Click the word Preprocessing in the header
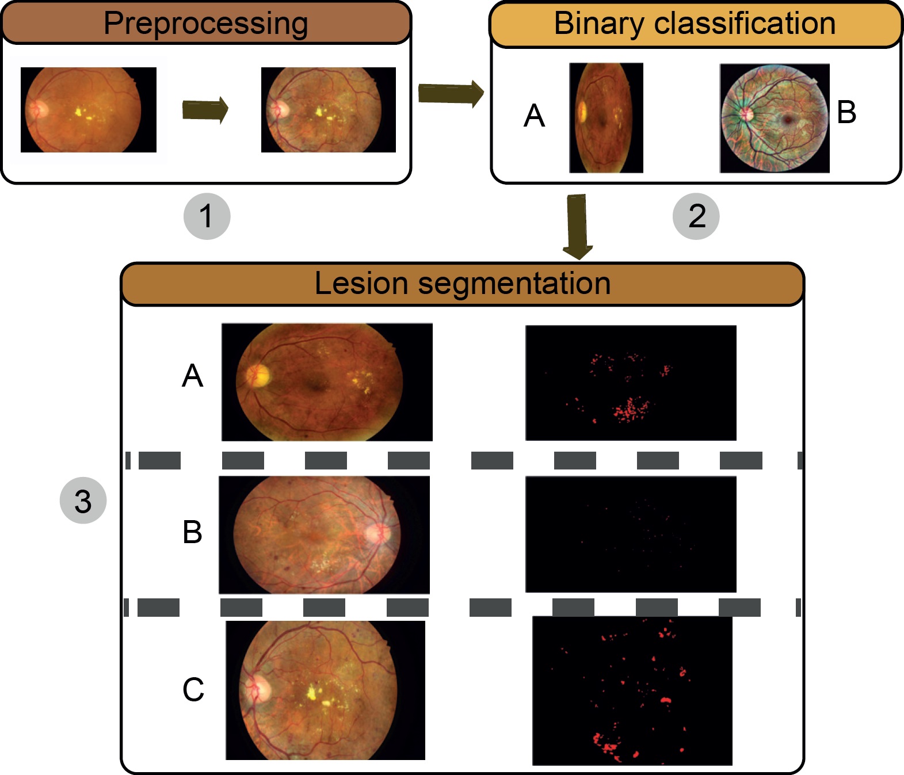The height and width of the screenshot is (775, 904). (205, 24)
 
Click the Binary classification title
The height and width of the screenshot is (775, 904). (695, 24)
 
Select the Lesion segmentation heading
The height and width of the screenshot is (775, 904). (462, 284)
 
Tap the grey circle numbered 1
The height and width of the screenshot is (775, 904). (207, 216)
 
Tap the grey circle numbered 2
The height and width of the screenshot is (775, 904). (696, 216)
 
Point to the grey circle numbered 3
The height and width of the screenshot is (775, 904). (83, 501)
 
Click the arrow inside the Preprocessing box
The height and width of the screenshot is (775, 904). (205, 109)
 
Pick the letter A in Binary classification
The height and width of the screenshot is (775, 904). (534, 116)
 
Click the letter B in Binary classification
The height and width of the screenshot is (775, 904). (846, 112)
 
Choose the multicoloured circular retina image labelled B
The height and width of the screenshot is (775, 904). (775, 118)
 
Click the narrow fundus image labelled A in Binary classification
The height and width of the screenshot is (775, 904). (606, 118)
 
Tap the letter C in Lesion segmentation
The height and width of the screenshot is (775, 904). (193, 689)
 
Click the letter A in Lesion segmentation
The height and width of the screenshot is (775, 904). (193, 376)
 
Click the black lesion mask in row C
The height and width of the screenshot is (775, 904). (632, 690)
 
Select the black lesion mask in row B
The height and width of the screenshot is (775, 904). (631, 534)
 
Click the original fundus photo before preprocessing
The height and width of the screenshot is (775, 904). (89, 110)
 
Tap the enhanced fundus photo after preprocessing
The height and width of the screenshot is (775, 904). (328, 110)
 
